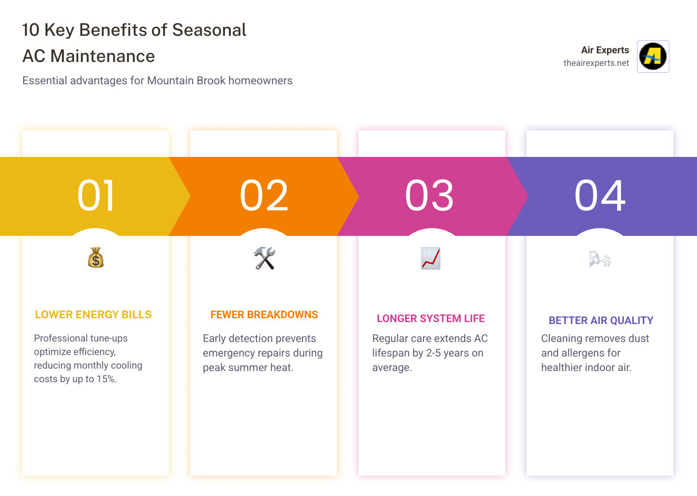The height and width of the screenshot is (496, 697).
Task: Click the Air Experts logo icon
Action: tap(653, 56)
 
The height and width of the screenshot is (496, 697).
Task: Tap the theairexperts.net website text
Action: tap(596, 63)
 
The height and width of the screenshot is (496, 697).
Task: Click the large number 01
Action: tap(96, 196)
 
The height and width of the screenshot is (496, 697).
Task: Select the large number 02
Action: tap(264, 196)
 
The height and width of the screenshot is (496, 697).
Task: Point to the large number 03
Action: tap(429, 196)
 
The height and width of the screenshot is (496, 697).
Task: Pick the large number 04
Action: tap(600, 196)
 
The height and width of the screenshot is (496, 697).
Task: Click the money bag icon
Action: tap(96, 258)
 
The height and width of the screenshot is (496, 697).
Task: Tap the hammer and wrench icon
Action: tap(264, 258)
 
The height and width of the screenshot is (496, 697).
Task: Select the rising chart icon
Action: tap(430, 258)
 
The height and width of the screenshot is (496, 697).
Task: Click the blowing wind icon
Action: tap(600, 260)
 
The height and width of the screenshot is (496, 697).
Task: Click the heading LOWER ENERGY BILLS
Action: tap(93, 315)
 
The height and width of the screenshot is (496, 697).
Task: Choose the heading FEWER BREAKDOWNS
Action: tap(264, 315)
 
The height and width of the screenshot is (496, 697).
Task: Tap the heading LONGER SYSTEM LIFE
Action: tap(431, 319)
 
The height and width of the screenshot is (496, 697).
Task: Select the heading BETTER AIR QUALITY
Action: tap(601, 321)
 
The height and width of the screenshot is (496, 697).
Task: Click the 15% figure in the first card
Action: tap(106, 379)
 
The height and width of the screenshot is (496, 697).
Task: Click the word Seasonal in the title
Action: tap(209, 30)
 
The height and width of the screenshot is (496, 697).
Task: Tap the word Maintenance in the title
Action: tap(103, 56)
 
